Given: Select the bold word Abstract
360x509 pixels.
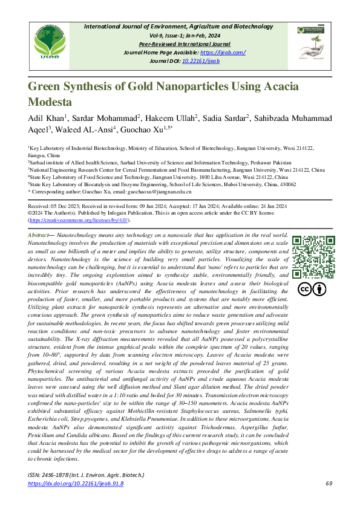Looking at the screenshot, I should pyautogui.click(x=39, y=233).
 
